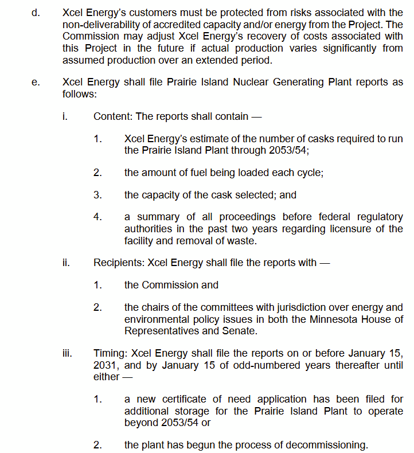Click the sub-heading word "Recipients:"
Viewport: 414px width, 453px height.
pos(119,263)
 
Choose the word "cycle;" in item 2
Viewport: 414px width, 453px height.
pos(308,173)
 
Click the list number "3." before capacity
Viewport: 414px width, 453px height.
pos(97,195)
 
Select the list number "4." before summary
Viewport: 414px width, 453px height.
pos(97,217)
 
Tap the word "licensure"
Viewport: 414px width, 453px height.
pos(346,228)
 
